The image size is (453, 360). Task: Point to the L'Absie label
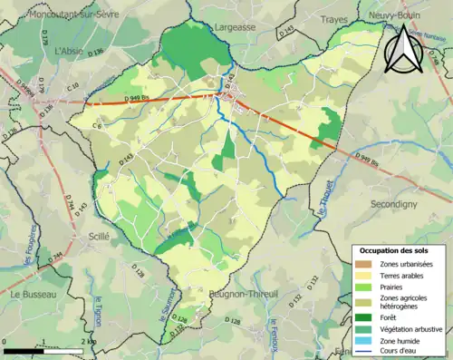click(69, 52)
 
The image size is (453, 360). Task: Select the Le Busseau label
click(34, 295)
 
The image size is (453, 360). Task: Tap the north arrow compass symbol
click(401, 48)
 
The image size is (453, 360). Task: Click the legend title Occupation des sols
click(398, 249)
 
